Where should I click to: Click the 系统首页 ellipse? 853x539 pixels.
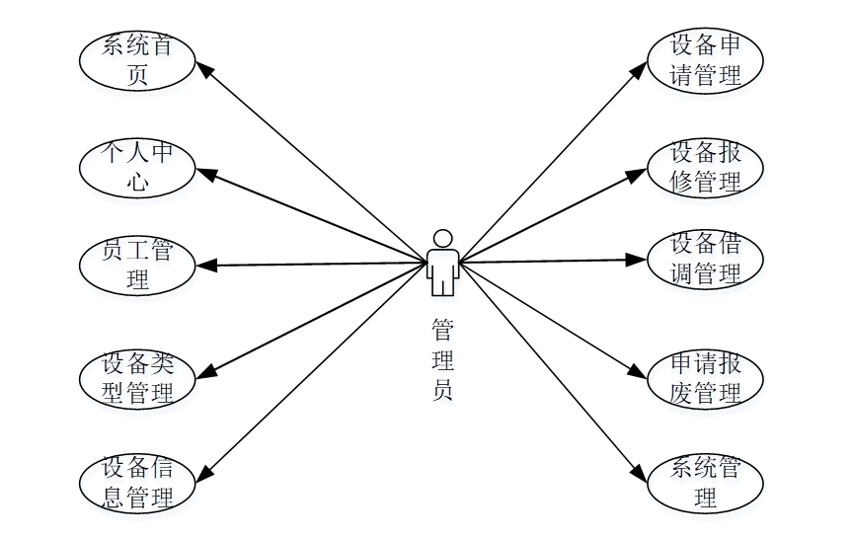(x=137, y=60)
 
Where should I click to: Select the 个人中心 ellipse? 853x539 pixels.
(x=137, y=168)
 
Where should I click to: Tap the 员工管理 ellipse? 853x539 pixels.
(x=137, y=266)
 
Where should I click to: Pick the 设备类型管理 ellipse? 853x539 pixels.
(x=137, y=378)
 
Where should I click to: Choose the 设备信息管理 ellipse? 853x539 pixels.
(x=137, y=483)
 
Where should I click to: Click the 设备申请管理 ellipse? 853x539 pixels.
(x=705, y=60)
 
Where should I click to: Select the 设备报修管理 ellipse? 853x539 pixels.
(x=705, y=168)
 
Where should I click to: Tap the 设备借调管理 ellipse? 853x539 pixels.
(x=705, y=260)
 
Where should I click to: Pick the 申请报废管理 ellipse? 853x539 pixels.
(x=705, y=378)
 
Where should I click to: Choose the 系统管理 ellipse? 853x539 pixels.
(x=705, y=483)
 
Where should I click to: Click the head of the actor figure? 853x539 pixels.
(x=443, y=238)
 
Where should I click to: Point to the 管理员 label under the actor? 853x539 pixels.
(x=443, y=359)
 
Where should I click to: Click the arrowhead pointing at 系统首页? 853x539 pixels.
(x=204, y=70)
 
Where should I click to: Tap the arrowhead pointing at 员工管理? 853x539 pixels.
(x=206, y=266)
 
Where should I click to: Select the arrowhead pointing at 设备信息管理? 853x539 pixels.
(x=204, y=473)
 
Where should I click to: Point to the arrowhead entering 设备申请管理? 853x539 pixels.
(x=639, y=71)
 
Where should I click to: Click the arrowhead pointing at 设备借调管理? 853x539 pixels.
(x=636, y=260)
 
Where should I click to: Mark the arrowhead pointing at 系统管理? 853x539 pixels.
(x=639, y=473)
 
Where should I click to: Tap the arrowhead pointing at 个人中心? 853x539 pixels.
(x=206, y=174)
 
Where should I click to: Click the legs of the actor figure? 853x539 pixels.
(x=443, y=286)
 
